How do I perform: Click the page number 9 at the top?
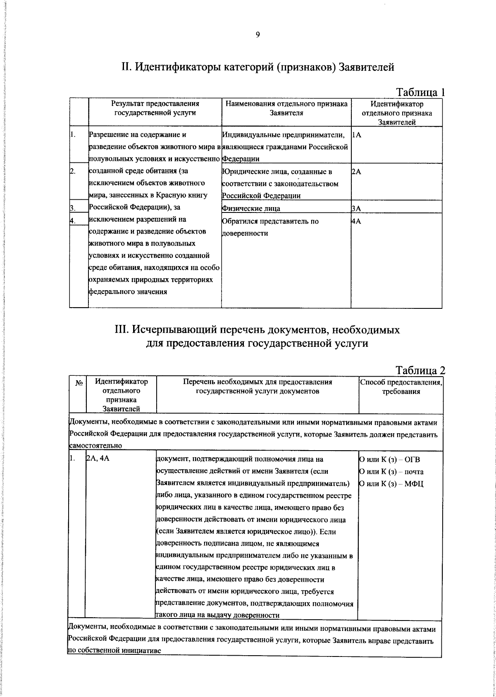[257, 35]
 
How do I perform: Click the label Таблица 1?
[420, 92]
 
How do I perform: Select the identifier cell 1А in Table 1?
[356, 135]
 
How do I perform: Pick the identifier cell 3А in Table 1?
[356, 209]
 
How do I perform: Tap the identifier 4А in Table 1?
[356, 221]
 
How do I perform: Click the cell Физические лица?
[251, 209]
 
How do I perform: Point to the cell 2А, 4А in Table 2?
[98, 459]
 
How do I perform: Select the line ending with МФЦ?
[391, 484]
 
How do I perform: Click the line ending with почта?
[391, 472]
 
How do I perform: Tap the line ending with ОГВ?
[389, 459]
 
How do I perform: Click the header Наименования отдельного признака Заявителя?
[286, 108]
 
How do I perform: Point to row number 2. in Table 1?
[72, 172]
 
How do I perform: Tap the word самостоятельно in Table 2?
[95, 446]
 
